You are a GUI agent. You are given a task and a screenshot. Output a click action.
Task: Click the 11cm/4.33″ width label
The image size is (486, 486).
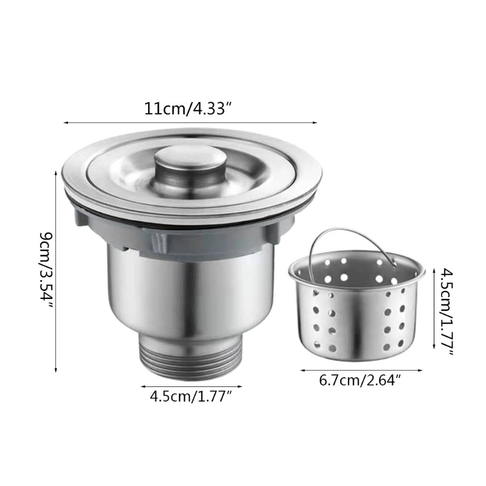pos(188,109)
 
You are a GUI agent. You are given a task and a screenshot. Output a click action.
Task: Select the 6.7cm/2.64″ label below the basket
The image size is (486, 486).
pos(361,381)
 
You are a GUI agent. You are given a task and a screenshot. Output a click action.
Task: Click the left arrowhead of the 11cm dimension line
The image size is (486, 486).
pos(65,123)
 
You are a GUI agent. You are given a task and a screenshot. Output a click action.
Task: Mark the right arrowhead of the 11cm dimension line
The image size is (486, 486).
pos(316,123)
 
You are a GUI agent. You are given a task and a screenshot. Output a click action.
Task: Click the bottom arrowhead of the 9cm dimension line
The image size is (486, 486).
pos(56,370)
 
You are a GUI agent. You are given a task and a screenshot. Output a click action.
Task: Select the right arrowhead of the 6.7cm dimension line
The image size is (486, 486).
pos(422,370)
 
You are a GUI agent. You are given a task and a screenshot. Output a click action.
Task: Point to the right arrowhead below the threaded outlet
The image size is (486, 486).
pos(241,386)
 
